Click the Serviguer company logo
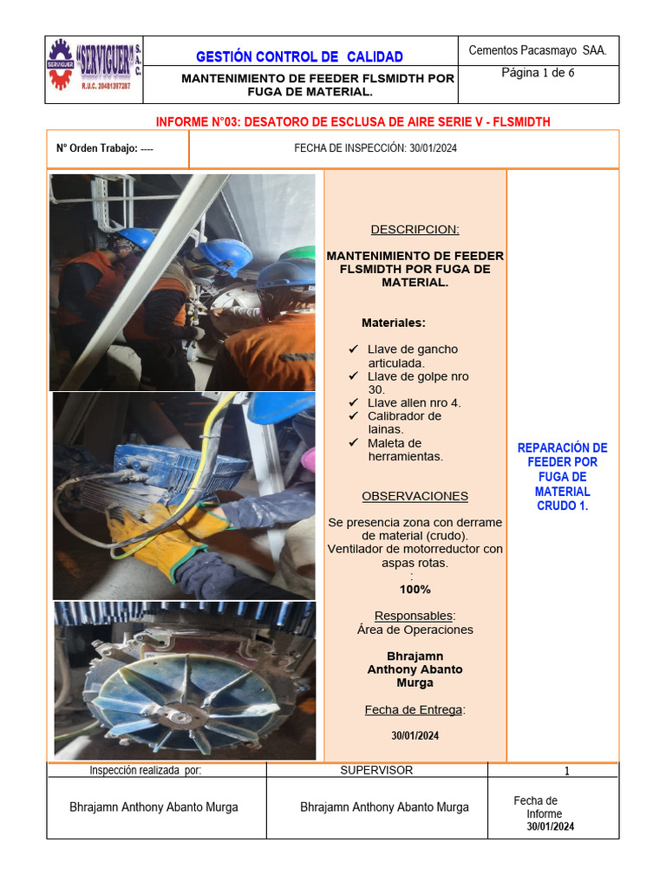(x=95, y=69)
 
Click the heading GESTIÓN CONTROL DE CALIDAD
(x=299, y=57)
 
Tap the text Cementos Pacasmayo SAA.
(x=538, y=50)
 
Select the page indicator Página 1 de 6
(x=538, y=73)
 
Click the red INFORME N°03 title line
(x=352, y=121)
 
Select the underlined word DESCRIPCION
(x=415, y=230)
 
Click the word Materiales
(x=394, y=323)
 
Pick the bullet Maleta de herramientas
(x=405, y=449)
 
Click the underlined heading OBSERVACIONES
(x=415, y=496)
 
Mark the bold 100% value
(x=415, y=589)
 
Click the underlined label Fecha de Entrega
(x=414, y=709)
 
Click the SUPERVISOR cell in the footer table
(x=376, y=770)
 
